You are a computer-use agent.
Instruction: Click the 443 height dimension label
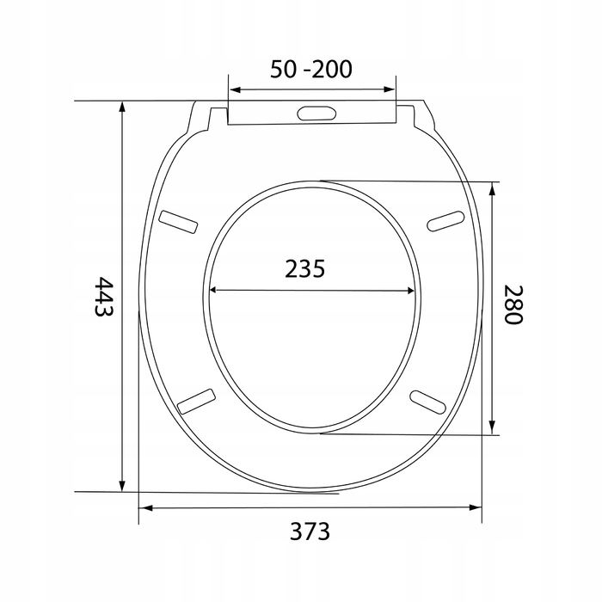104,297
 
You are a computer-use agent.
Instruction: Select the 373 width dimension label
310,531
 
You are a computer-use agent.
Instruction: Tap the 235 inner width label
304,268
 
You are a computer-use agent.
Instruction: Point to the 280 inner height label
513,304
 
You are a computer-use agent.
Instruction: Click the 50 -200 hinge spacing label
311,69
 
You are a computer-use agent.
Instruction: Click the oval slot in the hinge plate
316,113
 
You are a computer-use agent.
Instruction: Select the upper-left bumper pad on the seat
179,222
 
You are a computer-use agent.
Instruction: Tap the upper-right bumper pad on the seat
445,221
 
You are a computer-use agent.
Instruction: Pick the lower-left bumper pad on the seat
196,402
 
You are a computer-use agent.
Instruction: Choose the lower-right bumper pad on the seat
427,402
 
